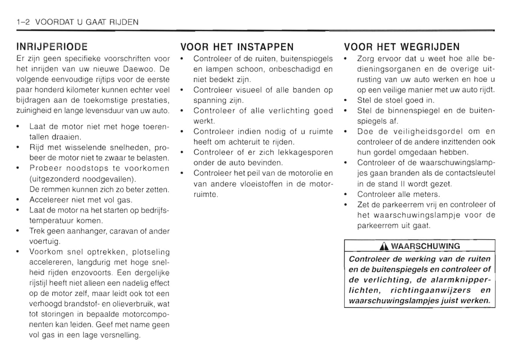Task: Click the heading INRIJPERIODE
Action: click(52, 47)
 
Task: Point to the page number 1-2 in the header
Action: click(23, 22)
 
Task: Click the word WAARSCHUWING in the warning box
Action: click(425, 246)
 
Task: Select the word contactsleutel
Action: click(470, 173)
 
